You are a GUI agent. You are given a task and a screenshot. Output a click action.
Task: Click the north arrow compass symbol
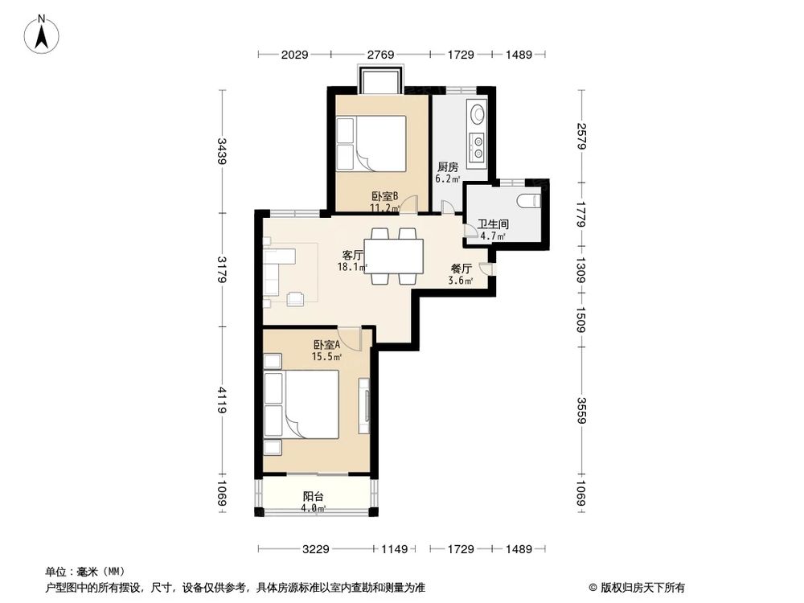42,34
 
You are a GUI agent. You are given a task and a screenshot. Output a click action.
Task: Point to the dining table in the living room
394,256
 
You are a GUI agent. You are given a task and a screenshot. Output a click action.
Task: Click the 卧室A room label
326,345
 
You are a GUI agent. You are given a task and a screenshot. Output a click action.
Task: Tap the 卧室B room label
385,196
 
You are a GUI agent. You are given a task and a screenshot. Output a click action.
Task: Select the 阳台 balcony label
314,496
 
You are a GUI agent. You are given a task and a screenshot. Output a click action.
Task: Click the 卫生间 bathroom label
494,224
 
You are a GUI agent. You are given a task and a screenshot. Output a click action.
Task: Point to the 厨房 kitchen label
448,167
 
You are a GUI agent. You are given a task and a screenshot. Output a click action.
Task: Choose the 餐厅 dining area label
461,269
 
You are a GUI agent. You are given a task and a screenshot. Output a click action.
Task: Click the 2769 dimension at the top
380,55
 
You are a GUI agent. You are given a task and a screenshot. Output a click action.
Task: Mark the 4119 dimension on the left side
222,400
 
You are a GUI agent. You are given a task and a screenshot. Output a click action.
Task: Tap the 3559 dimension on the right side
581,411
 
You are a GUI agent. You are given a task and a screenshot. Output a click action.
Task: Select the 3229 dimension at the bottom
315,550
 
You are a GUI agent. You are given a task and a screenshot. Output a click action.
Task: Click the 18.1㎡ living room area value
352,267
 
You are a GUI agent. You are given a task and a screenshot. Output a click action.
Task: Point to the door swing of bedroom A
351,339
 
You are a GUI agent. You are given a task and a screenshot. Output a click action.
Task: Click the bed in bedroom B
371,144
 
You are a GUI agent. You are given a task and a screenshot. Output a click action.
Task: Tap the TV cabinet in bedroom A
364,405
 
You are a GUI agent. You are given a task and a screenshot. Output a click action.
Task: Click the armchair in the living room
295,298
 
